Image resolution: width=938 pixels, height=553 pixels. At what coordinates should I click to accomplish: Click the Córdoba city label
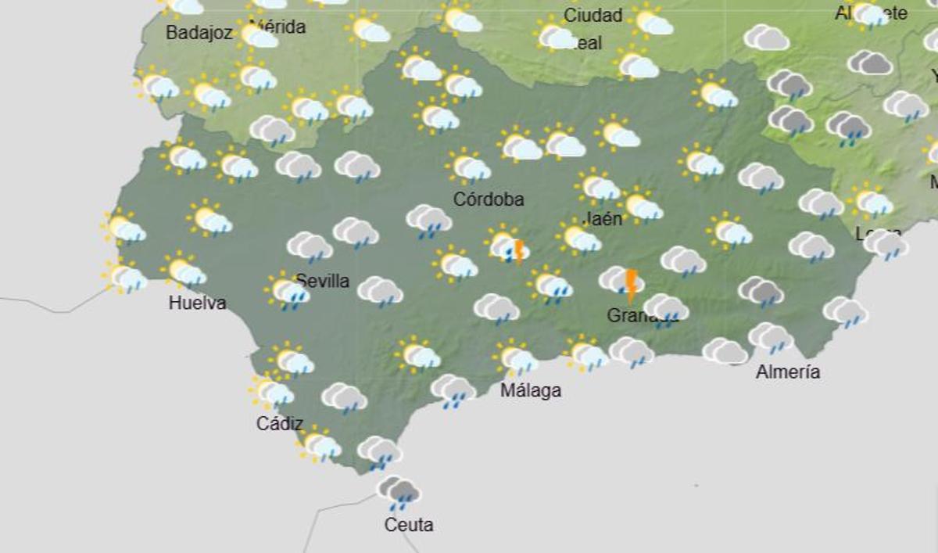coord(489,199)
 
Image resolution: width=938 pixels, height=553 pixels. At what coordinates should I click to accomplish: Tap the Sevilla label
coord(323,281)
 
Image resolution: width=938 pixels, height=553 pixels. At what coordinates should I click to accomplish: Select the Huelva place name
coord(197,303)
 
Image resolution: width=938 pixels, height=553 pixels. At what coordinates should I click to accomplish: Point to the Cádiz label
coord(280,423)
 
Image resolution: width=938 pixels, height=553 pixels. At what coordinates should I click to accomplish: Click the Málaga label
coord(531,390)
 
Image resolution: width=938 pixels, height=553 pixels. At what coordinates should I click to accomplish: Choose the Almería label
coord(788,372)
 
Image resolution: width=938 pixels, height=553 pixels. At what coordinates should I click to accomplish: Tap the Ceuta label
coord(408,525)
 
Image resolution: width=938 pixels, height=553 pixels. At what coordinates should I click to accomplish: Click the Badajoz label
coord(199,33)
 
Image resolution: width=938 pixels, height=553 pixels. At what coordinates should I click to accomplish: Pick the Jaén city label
coord(603,218)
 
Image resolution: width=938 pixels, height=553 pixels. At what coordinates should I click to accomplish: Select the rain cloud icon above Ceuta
coord(399,493)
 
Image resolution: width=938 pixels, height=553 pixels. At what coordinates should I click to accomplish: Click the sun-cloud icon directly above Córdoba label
coord(469,167)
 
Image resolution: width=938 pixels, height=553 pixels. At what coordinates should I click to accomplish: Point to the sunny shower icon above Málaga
coord(516,358)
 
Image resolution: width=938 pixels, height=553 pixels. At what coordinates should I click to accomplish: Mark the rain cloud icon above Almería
coord(772,338)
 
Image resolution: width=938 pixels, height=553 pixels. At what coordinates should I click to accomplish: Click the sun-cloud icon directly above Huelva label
coord(184,271)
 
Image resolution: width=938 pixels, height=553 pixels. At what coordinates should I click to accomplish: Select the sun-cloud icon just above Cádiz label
coord(272,391)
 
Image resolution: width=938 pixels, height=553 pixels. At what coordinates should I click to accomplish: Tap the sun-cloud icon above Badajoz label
coord(183,6)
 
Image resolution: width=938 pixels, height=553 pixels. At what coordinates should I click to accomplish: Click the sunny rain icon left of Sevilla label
coord(288,291)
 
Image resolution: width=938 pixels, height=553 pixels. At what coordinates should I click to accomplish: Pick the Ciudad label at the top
coord(593,15)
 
